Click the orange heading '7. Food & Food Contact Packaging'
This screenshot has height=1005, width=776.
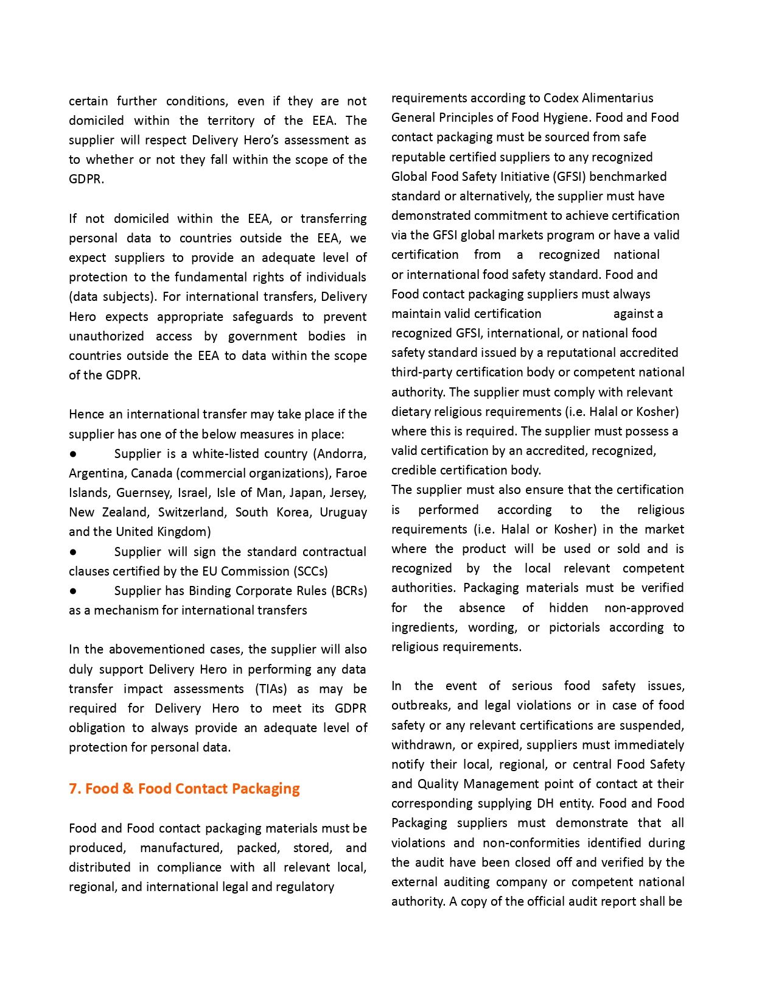tap(184, 789)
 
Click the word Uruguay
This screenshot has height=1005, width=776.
tap(343, 512)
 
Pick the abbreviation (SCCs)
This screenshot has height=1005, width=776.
tap(310, 571)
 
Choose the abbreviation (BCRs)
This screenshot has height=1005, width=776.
tap(349, 591)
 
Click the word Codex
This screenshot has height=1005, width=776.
tap(561, 98)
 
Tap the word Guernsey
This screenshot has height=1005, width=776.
tap(144, 493)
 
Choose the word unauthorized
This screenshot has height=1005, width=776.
tap(107, 336)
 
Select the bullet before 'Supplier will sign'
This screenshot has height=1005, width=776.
tap(73, 552)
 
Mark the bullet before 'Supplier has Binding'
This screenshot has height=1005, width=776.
tap(73, 591)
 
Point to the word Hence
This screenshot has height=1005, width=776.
tap(86, 414)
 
